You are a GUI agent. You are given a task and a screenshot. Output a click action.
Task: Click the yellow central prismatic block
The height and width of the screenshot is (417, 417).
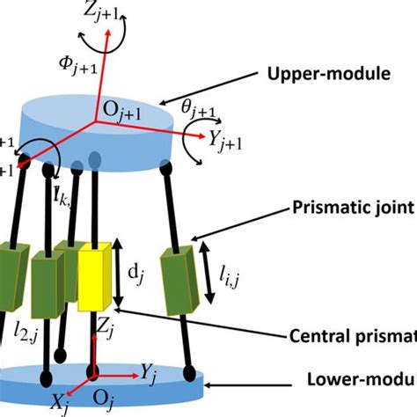tap(98, 276)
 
